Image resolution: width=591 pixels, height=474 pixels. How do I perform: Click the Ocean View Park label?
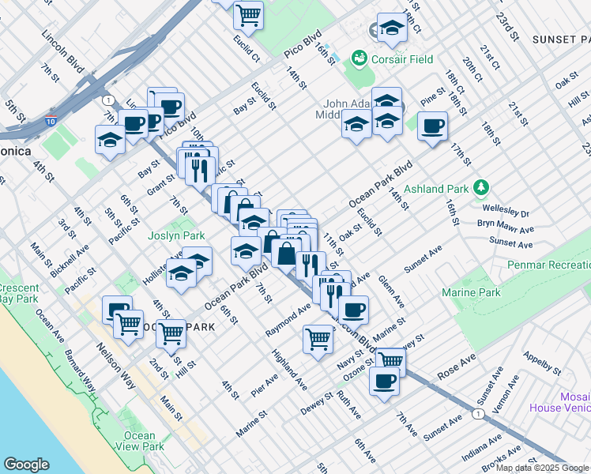coord(139,441)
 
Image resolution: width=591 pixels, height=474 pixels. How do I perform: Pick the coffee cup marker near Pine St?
coord(432,126)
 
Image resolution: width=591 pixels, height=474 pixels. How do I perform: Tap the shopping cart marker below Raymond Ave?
coord(318,340)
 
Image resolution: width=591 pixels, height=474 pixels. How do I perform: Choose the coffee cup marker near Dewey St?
coord(384,382)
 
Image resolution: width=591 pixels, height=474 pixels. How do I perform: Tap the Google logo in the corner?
coord(26,464)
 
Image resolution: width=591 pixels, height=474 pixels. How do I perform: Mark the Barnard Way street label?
coord(81,371)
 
